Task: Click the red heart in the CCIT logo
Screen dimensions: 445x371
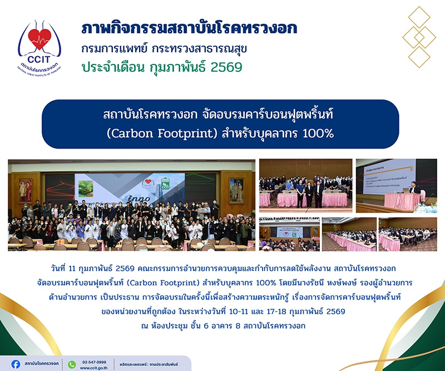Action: pos(39,38)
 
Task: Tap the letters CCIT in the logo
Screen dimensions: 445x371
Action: pos(39,60)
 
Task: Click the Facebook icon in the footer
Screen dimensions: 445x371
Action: pos(16,364)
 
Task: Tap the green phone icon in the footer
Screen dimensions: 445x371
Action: pos(72,364)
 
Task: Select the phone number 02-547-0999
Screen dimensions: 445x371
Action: pos(94,362)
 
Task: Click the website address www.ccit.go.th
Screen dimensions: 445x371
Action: pos(93,368)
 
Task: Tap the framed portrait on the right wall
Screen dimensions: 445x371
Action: pos(236,190)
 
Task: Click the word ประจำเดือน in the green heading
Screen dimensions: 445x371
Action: pos(113,68)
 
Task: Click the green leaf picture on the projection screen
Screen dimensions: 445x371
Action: pos(86,189)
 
